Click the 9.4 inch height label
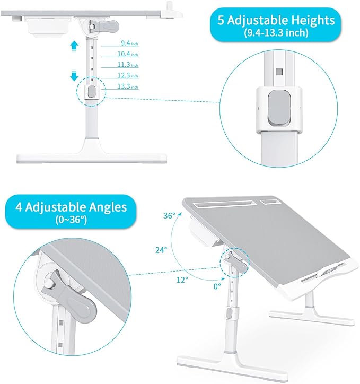129,43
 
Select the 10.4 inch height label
128,54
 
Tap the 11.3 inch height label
128,65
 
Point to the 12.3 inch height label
128,75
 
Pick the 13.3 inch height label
128,86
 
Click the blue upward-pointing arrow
74,46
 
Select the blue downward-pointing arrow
74,76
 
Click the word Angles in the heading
108,207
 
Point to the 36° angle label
169,216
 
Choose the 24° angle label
161,250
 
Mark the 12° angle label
182,280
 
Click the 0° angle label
217,286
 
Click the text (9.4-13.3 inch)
276,33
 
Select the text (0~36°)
71,220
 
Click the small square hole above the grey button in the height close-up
279,72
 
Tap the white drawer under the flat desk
48,28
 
